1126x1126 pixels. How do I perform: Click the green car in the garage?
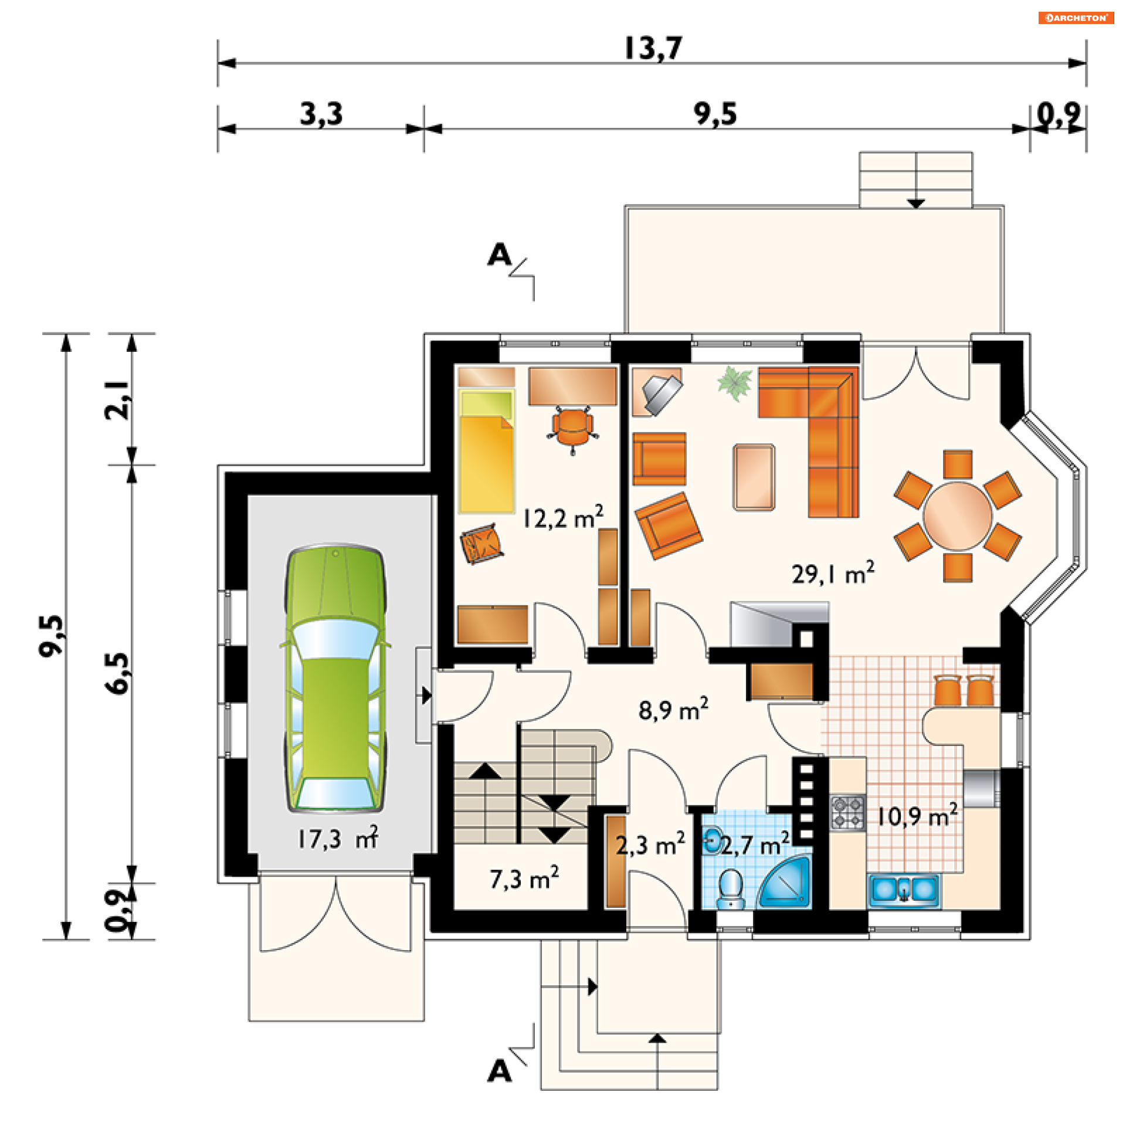coord(335,679)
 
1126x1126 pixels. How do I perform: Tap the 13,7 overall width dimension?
coord(653,48)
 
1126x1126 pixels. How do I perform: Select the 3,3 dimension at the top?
coord(321,113)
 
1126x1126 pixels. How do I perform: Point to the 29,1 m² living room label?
coord(832,573)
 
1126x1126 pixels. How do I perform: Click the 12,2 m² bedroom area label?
coord(563,517)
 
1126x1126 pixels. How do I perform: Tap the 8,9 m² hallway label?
coord(673,710)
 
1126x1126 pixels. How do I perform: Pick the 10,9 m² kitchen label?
coord(917,815)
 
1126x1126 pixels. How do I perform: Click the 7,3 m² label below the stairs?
coord(524,879)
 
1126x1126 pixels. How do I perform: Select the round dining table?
coord(958,516)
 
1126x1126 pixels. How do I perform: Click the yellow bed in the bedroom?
coord(487,451)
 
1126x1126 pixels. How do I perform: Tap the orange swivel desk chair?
coord(572,429)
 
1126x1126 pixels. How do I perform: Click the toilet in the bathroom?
coord(731,889)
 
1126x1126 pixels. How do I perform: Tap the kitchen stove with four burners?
coord(848,812)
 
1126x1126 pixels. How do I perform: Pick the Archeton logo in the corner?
coord(1076,18)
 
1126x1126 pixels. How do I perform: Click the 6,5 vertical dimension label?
coord(117,673)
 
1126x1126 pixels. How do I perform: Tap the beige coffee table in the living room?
coord(754,477)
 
